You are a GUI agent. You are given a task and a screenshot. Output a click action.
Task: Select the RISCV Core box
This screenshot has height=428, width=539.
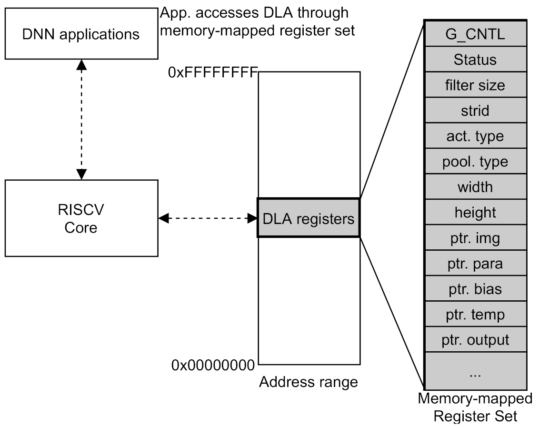81,218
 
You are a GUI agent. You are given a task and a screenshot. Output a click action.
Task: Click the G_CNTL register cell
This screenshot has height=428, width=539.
475,34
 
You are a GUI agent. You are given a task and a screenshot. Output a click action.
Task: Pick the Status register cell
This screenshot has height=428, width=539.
475,60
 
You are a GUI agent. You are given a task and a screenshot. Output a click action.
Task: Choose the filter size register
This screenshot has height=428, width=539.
475,85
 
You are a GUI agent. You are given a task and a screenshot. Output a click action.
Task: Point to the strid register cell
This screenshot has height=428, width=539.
475,111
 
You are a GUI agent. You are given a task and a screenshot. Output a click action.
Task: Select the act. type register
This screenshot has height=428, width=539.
475,136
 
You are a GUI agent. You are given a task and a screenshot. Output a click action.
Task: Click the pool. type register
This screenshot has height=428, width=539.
475,162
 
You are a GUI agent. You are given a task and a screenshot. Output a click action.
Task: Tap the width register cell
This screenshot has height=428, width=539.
475,187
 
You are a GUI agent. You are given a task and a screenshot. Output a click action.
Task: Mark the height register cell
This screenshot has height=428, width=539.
475,213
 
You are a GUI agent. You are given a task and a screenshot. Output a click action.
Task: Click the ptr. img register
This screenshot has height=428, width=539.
475,238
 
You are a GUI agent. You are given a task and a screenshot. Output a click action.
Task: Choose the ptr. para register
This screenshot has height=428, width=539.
475,264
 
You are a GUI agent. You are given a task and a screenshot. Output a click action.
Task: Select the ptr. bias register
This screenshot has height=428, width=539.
475,289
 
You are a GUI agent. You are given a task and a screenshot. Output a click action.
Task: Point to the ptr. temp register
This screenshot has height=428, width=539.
475,315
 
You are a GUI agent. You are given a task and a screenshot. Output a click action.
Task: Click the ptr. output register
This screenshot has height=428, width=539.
475,340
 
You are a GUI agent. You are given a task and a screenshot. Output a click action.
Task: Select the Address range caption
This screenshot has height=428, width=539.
308,382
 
